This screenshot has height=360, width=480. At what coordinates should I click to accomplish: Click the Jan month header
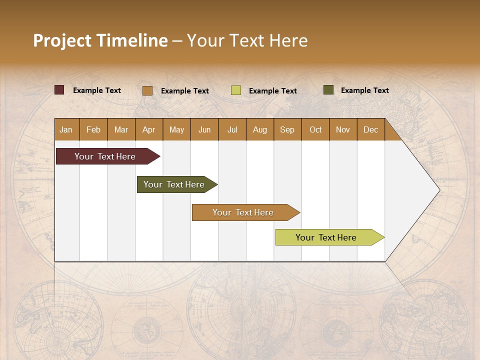point(66,129)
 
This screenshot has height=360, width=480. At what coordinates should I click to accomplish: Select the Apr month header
point(148,129)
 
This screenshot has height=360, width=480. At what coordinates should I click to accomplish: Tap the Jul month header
point(232,129)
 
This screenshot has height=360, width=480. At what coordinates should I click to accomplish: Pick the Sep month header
point(287,129)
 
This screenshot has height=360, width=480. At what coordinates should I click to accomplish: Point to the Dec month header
point(370,129)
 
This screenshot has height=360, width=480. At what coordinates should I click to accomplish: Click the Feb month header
point(93,129)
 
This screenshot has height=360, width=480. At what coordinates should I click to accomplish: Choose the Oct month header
point(315,129)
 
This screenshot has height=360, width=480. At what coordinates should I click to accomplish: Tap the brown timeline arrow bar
point(243,212)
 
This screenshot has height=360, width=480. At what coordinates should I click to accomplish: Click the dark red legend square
point(59,90)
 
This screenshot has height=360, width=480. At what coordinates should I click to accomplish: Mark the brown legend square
point(147,90)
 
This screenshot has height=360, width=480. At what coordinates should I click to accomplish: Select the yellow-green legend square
point(236,90)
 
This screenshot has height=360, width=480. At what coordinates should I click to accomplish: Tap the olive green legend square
point(328,90)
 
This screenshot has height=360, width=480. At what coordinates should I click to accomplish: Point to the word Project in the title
point(61,40)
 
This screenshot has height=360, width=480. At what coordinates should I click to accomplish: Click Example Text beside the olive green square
point(364,90)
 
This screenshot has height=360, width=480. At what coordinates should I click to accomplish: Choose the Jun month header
point(204,129)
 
